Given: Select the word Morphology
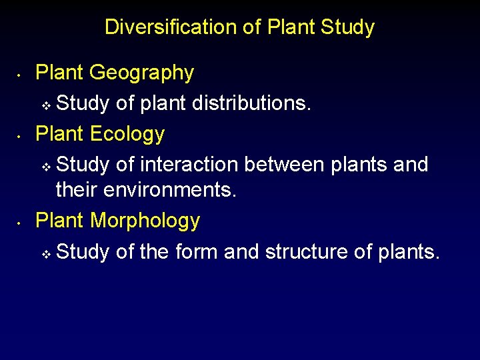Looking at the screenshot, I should pyautogui.click(x=145, y=221).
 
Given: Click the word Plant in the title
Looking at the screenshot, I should pyautogui.click(x=292, y=27).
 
